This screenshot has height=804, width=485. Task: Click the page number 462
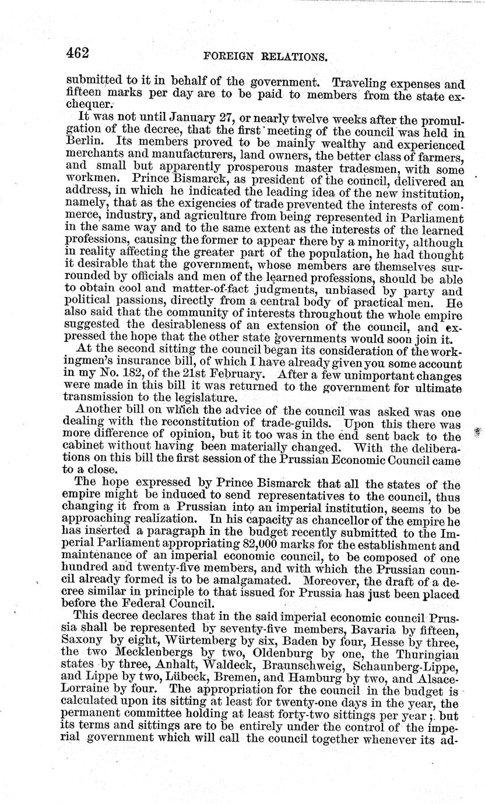(77, 54)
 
